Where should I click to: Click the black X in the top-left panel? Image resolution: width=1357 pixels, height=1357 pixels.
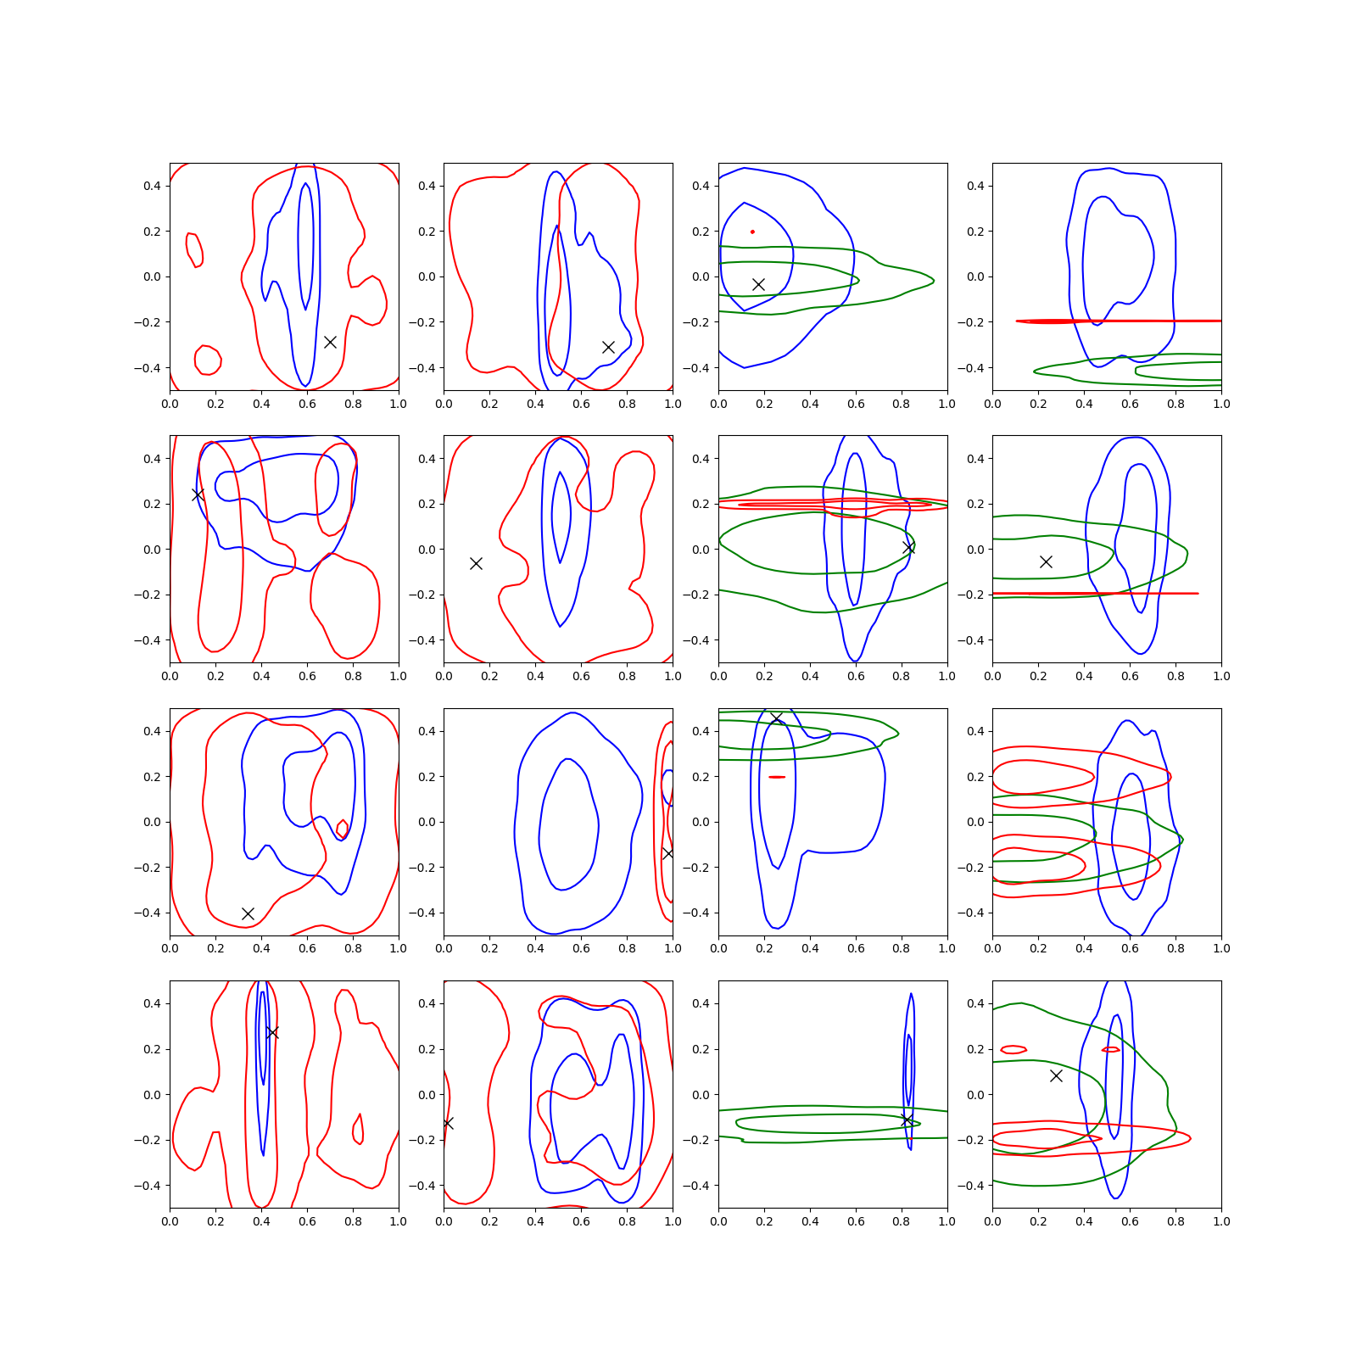(x=330, y=342)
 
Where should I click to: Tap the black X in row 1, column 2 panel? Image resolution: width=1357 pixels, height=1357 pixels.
(x=608, y=347)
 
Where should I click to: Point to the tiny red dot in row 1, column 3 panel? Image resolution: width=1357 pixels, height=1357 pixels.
(x=752, y=232)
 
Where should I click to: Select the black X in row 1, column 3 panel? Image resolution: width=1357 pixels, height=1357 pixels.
(x=758, y=284)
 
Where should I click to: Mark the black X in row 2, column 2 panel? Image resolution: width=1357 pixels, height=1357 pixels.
(x=476, y=563)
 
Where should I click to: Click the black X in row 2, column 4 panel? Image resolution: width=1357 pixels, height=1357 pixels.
(x=1046, y=561)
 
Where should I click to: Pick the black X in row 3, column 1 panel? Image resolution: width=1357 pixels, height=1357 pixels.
(x=248, y=913)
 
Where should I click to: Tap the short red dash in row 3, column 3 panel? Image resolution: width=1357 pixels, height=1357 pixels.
(x=777, y=777)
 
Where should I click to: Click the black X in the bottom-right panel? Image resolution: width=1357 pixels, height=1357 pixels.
(x=1056, y=1075)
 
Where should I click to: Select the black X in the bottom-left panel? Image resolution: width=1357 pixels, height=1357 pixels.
(x=271, y=1032)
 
